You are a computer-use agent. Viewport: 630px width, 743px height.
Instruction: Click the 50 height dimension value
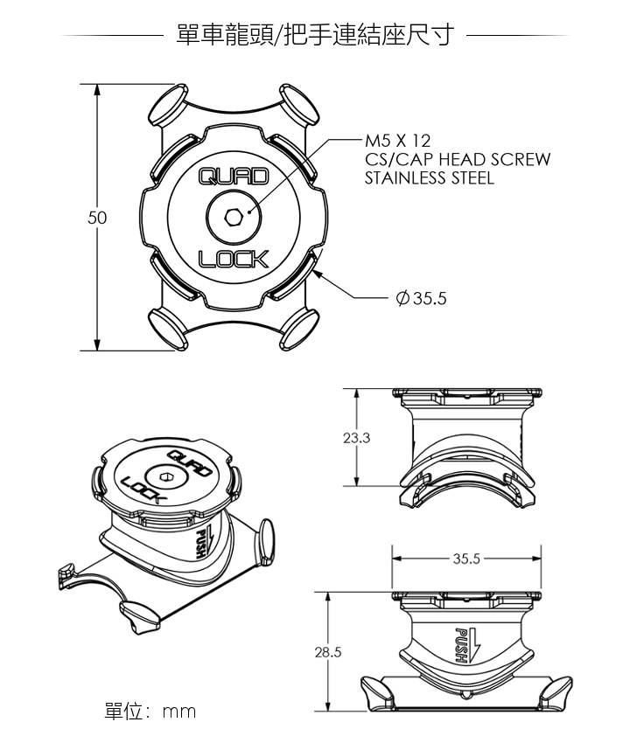point(97,218)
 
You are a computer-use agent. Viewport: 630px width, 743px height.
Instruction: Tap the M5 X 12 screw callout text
point(397,141)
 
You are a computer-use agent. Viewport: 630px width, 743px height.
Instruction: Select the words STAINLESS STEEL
point(430,178)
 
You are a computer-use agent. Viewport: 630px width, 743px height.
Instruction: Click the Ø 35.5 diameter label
point(421,299)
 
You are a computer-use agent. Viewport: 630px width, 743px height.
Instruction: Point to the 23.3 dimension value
point(356,438)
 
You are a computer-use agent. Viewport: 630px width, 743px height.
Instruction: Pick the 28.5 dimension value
point(328,652)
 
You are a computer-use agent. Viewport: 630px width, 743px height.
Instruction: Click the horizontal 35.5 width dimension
point(466,559)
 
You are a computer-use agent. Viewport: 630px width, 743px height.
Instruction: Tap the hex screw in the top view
point(234,217)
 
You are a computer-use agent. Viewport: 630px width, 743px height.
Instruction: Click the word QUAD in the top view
point(234,177)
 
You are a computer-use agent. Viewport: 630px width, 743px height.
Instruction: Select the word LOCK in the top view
point(234,259)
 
